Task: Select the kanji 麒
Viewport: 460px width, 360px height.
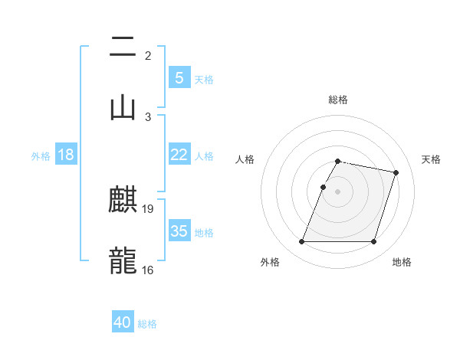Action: (x=123, y=201)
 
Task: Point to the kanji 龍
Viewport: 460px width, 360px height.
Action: (x=123, y=260)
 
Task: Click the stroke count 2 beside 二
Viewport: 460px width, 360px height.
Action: (x=147, y=55)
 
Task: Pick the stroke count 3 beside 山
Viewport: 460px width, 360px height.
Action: (x=148, y=116)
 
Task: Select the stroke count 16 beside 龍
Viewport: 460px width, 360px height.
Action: (x=148, y=270)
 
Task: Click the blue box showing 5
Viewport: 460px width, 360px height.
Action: (x=179, y=77)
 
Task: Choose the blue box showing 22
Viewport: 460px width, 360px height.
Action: (x=179, y=155)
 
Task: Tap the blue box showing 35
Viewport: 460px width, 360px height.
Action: (x=179, y=231)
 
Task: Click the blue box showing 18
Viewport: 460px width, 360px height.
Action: (x=66, y=155)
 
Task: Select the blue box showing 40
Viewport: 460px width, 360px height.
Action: (x=123, y=322)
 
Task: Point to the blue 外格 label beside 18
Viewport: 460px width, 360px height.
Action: (x=41, y=156)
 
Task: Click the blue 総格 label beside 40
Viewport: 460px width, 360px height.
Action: (x=147, y=324)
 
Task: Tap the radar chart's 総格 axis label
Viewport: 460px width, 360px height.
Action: (x=338, y=100)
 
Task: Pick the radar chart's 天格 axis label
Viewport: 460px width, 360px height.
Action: (x=432, y=159)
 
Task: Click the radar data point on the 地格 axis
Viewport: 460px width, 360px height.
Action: (x=373, y=242)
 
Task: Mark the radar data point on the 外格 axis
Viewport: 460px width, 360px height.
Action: (x=302, y=242)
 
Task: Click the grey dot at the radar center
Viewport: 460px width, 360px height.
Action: (x=338, y=191)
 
